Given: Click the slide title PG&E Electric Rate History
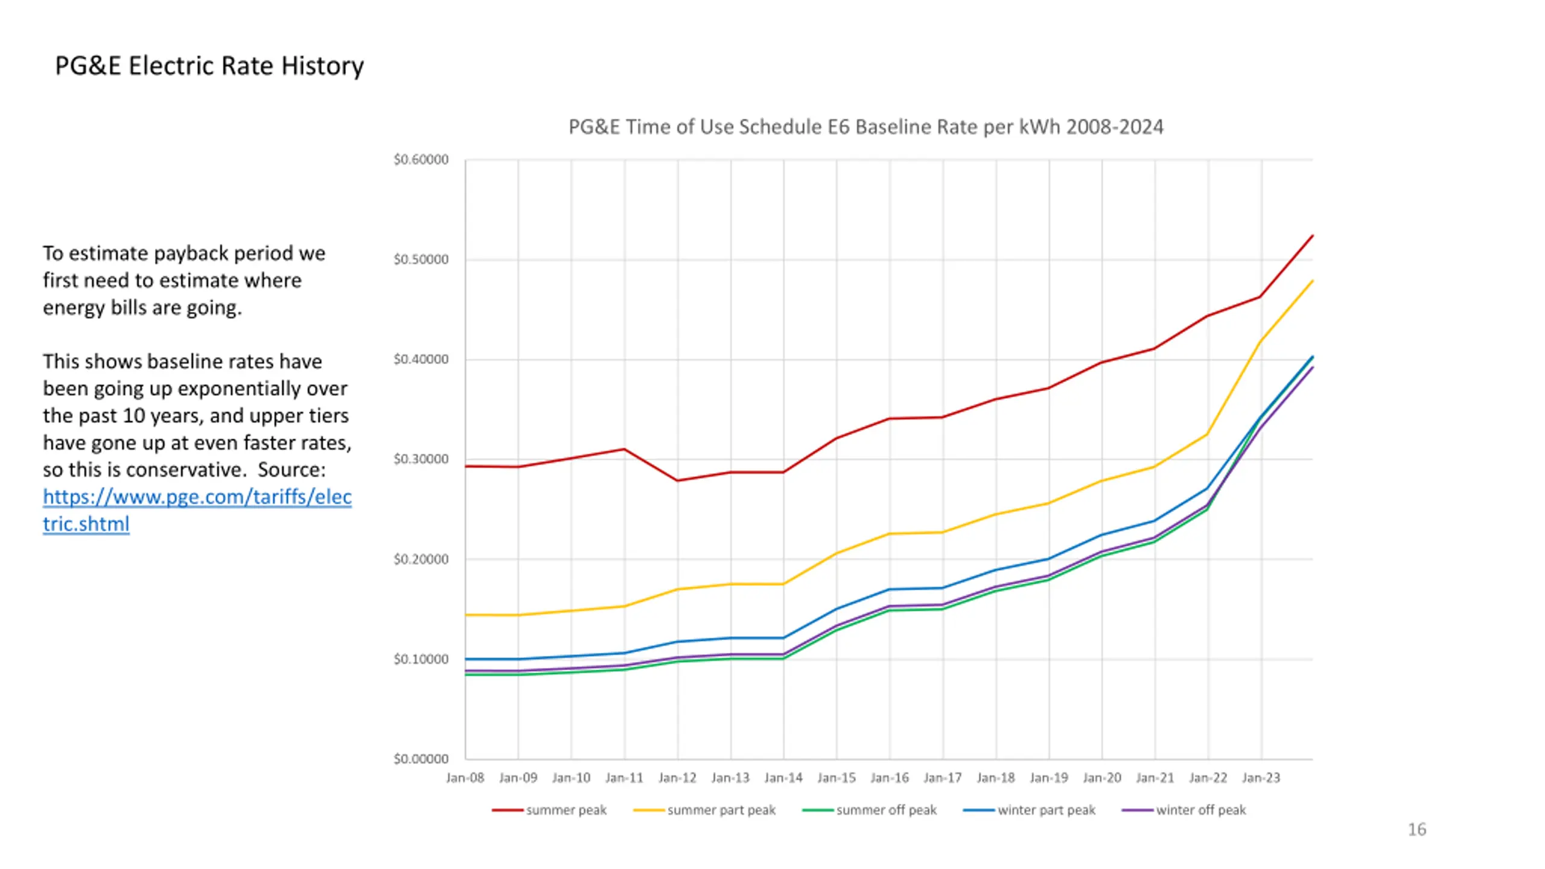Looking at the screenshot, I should (x=209, y=66).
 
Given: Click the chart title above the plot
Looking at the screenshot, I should (x=865, y=127).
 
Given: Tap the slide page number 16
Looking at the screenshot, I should (x=1416, y=830).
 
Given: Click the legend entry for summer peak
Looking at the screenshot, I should (x=565, y=810).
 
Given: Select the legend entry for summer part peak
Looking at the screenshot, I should (x=721, y=810).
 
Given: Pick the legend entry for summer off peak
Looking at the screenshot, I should (x=886, y=810).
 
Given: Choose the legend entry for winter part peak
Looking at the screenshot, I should (x=1046, y=810).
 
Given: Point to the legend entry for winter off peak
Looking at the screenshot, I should (x=1200, y=810).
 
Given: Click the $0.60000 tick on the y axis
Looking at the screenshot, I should (x=421, y=160).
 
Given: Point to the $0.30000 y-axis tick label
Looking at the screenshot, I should (x=421, y=459).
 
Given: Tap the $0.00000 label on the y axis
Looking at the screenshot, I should (x=421, y=759).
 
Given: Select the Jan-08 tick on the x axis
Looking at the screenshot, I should (x=465, y=778).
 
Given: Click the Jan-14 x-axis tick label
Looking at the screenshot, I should (x=783, y=778).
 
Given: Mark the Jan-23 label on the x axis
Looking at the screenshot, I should (x=1261, y=778).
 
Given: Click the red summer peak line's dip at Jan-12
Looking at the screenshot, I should (x=678, y=480).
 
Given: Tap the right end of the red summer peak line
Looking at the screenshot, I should (x=1313, y=236).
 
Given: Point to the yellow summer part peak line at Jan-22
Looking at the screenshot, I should (x=1208, y=434).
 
